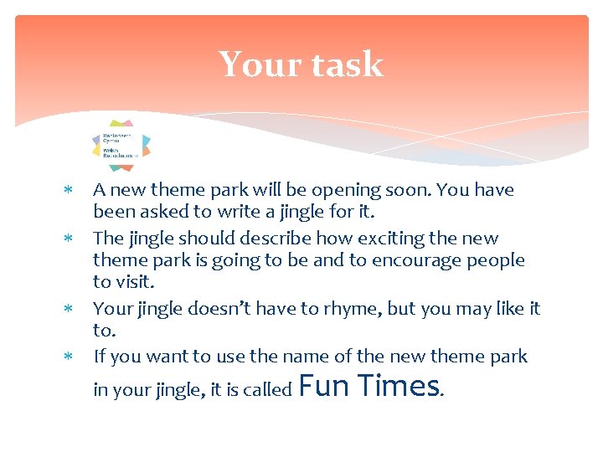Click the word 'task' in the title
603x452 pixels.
pos(346,65)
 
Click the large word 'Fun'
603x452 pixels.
pos(324,386)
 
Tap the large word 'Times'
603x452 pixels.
pos(399,386)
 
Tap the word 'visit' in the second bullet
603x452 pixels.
pos(134,282)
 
